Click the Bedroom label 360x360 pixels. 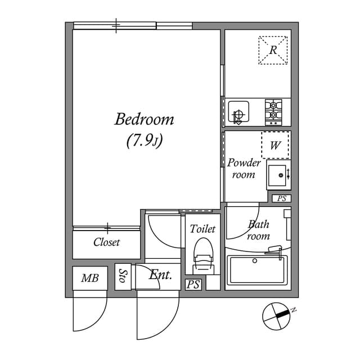(x=144, y=120)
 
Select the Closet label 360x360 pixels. (x=106, y=242)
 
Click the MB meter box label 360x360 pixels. (x=89, y=278)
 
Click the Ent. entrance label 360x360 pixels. (x=160, y=276)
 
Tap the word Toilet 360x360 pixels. (x=202, y=229)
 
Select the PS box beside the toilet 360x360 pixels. (x=193, y=285)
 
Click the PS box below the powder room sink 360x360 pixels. (x=282, y=198)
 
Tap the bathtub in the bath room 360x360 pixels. (x=257, y=270)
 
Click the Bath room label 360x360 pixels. (x=258, y=230)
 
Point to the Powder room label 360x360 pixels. (x=244, y=169)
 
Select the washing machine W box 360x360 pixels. (x=275, y=146)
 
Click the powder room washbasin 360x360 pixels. (x=277, y=174)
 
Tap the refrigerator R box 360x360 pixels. (x=273, y=50)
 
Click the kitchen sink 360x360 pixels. (x=238, y=112)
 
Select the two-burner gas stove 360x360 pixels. (x=274, y=111)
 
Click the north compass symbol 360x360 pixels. (x=276, y=316)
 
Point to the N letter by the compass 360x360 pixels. (x=294, y=310)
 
